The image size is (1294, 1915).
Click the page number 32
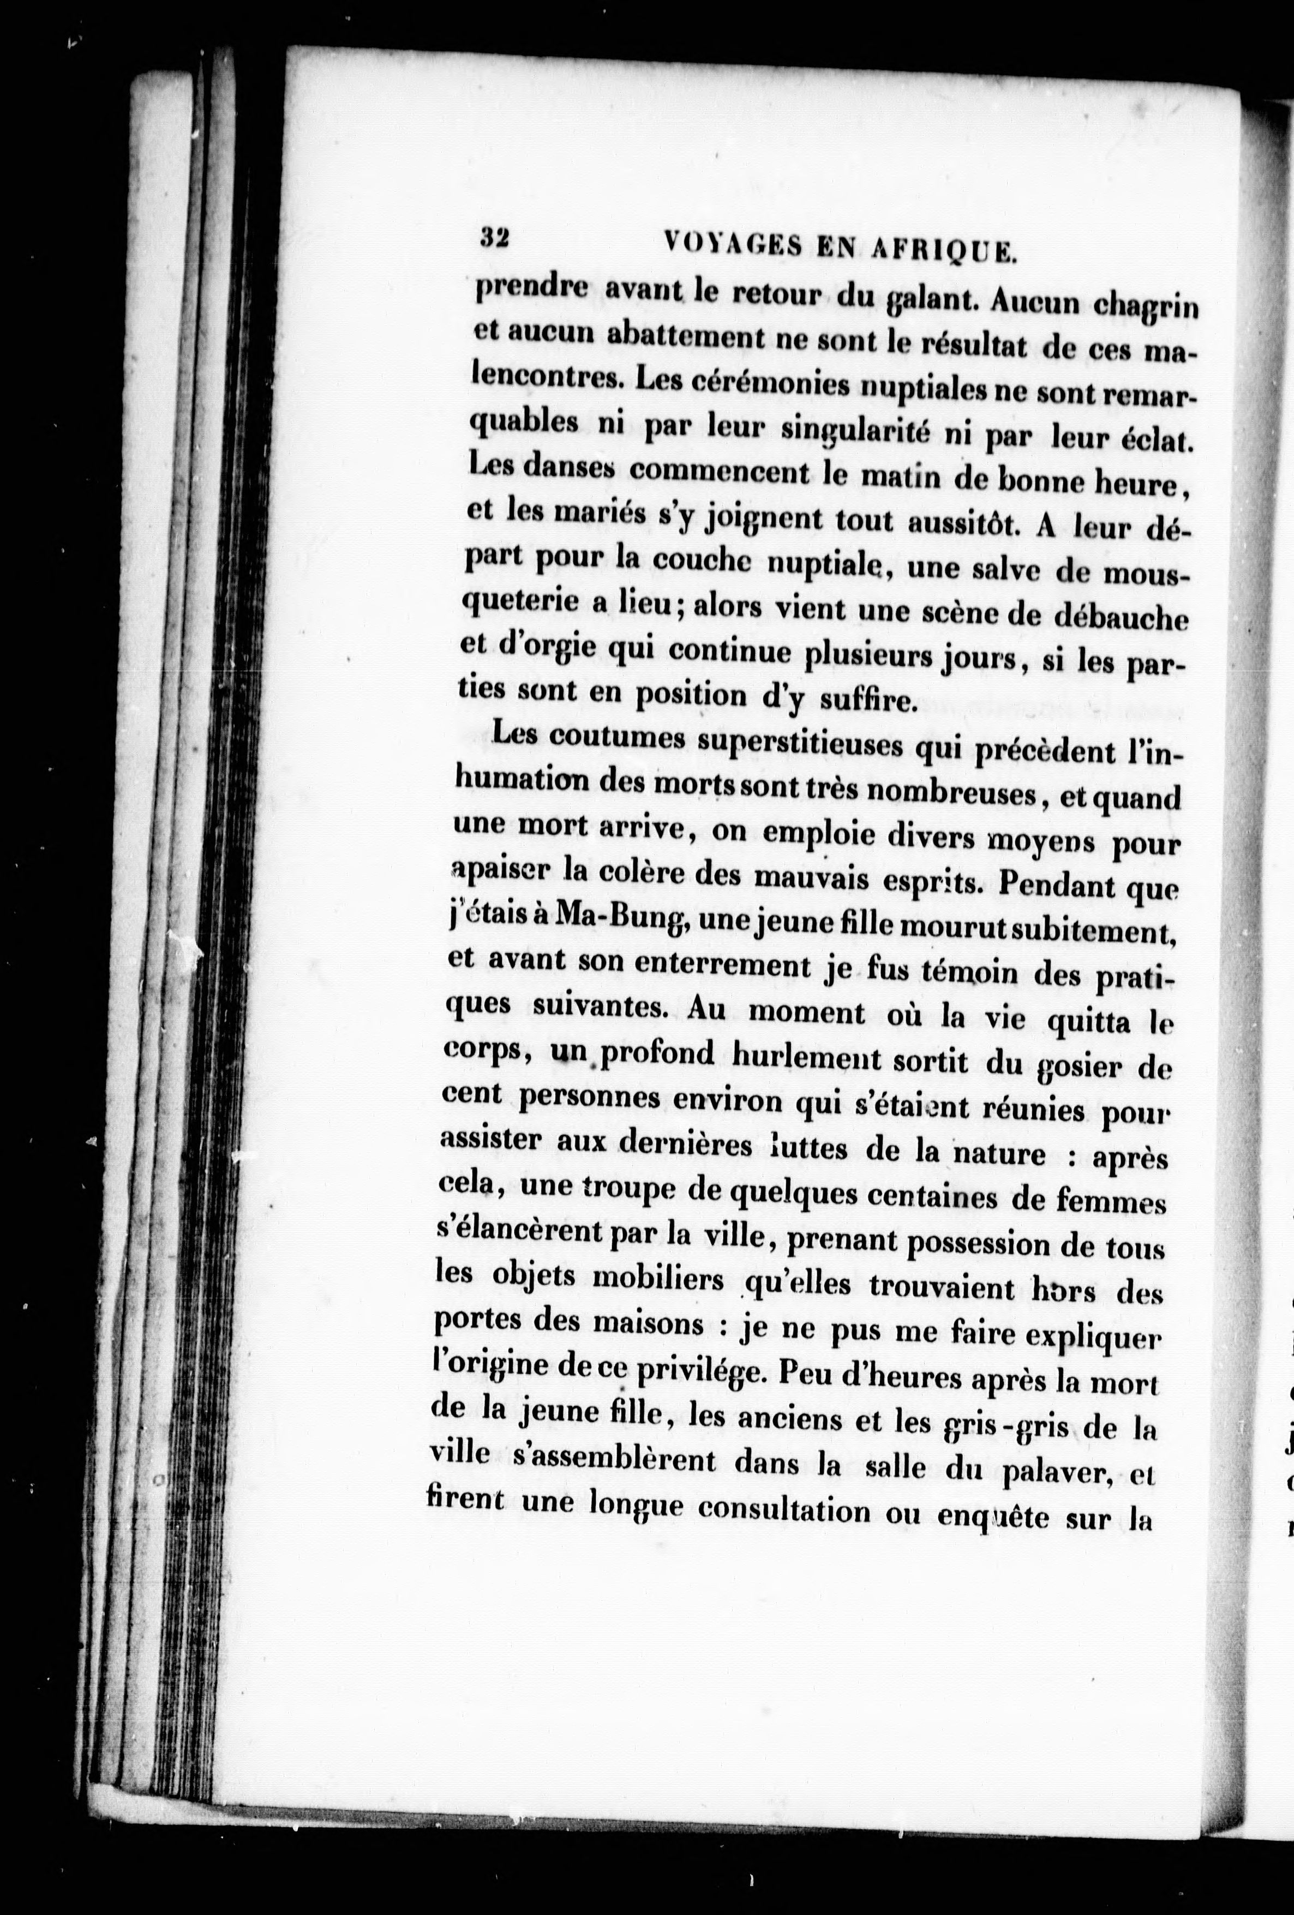(495, 239)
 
